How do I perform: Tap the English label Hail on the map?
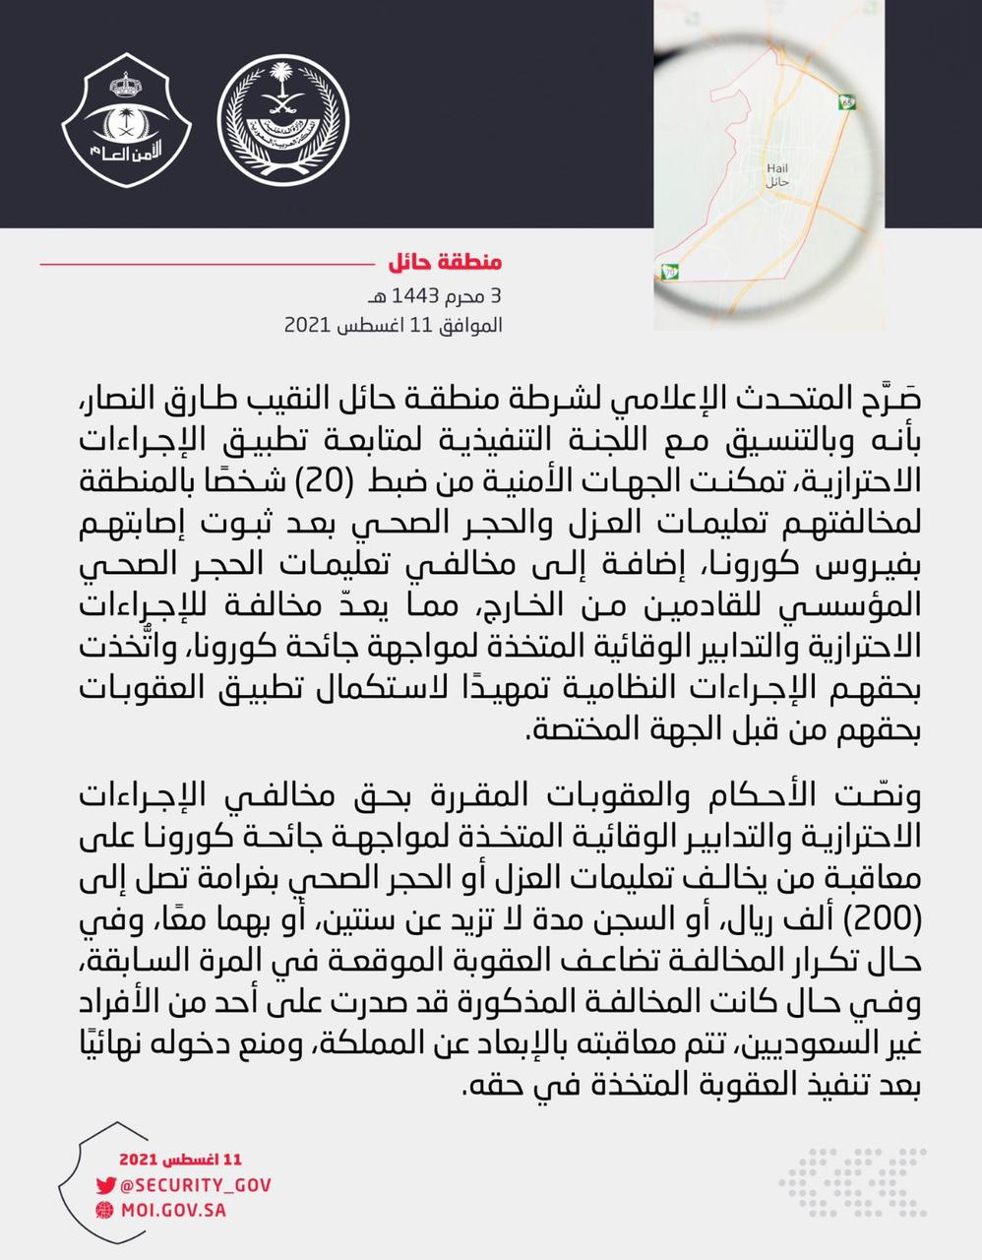(x=777, y=169)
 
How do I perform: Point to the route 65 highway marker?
(x=849, y=101)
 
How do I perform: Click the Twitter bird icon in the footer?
(x=105, y=1186)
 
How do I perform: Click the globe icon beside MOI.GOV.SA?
(x=105, y=1210)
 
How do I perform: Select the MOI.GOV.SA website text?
(x=173, y=1210)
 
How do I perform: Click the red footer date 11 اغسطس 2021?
(x=180, y=1161)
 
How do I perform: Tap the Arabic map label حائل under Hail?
(x=777, y=184)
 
